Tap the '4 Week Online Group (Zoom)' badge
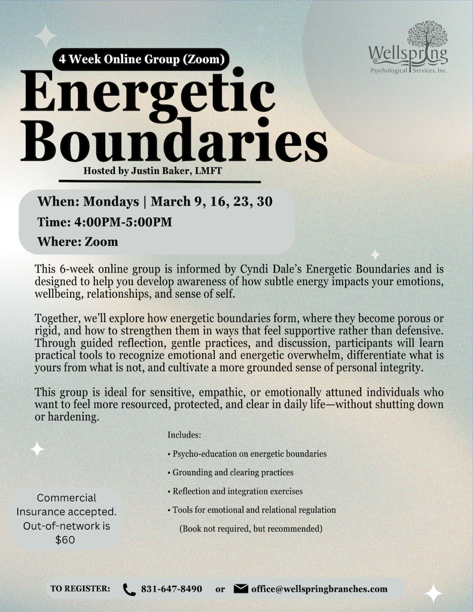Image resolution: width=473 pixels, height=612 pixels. click(x=140, y=60)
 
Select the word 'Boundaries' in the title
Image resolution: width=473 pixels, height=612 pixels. click(x=173, y=143)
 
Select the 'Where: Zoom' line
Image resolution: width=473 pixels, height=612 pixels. click(x=78, y=242)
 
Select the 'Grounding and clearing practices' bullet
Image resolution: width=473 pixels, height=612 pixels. click(x=230, y=473)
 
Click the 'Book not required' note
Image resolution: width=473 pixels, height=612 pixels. click(x=251, y=529)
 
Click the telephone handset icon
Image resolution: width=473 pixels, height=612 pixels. click(x=129, y=589)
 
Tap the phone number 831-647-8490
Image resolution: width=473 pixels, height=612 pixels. click(x=172, y=589)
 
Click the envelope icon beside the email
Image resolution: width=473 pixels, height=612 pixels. click(x=241, y=589)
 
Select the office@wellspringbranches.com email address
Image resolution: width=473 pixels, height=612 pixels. click(x=319, y=589)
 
